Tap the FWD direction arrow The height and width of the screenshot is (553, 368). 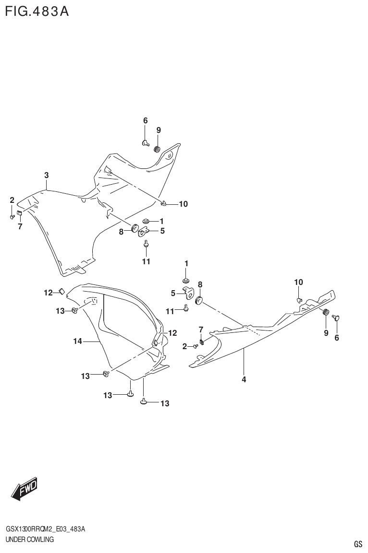click(23, 490)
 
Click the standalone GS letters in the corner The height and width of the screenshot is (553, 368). click(357, 544)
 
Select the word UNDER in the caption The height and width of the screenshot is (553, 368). click(16, 540)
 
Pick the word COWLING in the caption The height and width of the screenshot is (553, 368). click(42, 540)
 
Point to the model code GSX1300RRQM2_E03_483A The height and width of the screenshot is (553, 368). click(45, 529)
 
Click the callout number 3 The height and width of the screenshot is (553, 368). click(47, 176)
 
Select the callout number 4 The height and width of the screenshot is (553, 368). click(244, 380)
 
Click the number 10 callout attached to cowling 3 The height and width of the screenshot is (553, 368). click(183, 204)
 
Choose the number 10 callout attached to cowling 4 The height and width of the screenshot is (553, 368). click(298, 282)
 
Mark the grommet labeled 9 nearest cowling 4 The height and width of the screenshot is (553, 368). click(325, 313)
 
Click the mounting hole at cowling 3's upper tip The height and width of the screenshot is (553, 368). click(169, 156)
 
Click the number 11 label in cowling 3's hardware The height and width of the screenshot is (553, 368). click(146, 261)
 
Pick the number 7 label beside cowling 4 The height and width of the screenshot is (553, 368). click(201, 329)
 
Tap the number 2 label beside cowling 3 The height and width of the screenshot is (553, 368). click(12, 200)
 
